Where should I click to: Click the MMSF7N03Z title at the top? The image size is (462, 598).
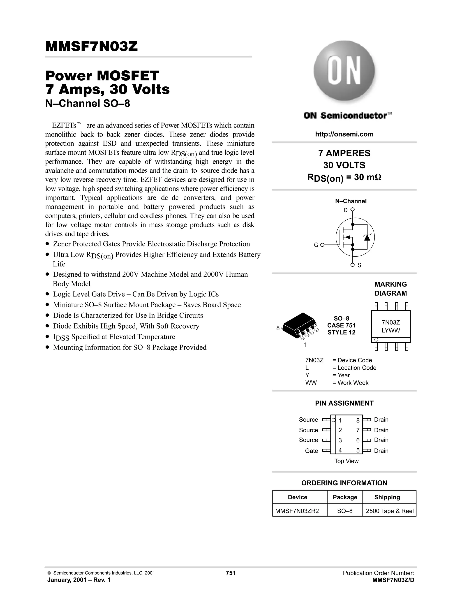tap(91, 46)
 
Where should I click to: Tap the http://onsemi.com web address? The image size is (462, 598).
tap(344, 134)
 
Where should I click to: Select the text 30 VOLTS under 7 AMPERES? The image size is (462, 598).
tap(344, 165)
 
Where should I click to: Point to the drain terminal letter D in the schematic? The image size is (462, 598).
tap(346, 210)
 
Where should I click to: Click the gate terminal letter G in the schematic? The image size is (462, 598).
tap(316, 245)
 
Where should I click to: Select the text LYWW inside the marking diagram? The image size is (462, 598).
tap(390, 331)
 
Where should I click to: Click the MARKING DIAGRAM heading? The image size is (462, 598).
tap(390, 289)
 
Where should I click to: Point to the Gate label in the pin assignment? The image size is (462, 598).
tap(312, 451)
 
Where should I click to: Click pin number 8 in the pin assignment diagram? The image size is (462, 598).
tap(358, 420)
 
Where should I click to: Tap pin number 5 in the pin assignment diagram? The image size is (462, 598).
tap(358, 450)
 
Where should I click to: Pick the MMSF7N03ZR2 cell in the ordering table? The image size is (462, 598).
tap(297, 511)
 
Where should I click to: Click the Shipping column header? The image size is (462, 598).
tap(387, 497)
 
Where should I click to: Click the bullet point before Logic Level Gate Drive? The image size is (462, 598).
tap(48, 294)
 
